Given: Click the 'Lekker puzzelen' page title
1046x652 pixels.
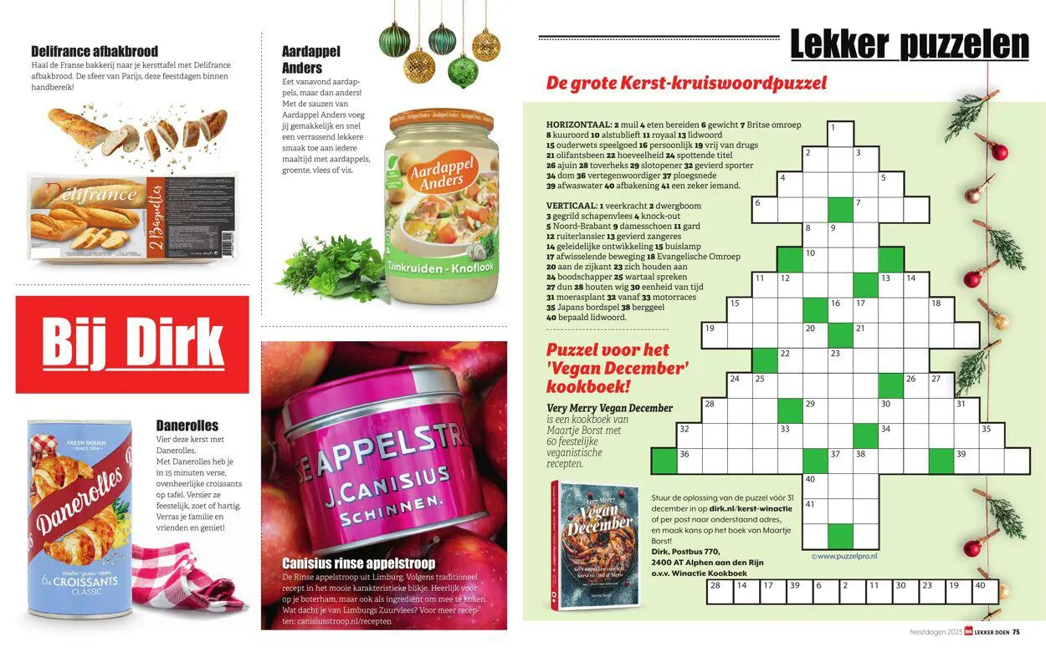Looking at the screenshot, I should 910,43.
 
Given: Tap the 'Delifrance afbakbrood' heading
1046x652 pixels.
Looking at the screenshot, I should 95,52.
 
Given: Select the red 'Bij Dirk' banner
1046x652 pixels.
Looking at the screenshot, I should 132,344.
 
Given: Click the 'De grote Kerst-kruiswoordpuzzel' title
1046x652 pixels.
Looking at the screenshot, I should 686,84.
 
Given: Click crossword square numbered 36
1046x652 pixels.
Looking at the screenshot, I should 690,461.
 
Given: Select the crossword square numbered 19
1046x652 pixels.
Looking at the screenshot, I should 715,335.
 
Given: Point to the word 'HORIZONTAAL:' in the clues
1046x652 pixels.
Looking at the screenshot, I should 578,124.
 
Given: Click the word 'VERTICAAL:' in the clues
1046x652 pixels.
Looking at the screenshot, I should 572,206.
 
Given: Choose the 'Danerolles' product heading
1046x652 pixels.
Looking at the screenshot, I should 187,425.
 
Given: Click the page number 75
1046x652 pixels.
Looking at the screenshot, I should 1016,632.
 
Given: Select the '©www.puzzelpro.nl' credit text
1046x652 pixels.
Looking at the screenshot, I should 844,555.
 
